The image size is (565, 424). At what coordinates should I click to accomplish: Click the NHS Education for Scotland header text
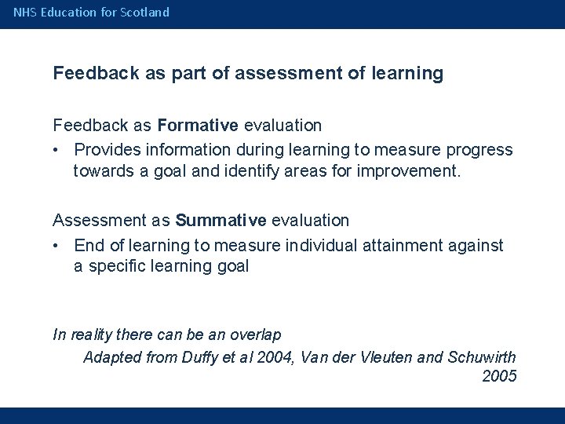pos(91,13)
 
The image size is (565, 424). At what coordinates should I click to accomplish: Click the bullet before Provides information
pos(58,150)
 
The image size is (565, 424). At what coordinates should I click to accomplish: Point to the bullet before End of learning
pos(58,246)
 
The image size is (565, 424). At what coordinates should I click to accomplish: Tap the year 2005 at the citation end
pos(499,376)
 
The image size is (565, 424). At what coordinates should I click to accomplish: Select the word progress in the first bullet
pos(480,150)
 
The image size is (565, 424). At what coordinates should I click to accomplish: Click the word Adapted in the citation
pos(113,356)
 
